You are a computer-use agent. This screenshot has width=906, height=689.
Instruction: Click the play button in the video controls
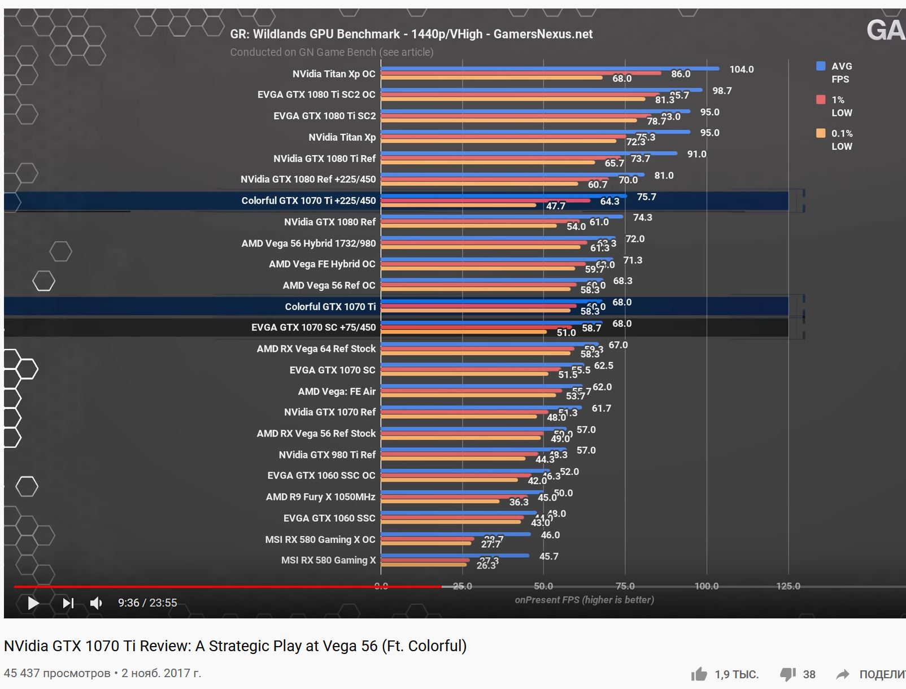(x=33, y=603)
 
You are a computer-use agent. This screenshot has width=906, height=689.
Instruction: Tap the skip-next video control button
(x=68, y=603)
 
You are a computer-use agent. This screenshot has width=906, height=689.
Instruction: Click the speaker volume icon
(x=96, y=603)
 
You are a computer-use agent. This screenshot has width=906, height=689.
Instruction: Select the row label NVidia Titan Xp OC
(x=333, y=74)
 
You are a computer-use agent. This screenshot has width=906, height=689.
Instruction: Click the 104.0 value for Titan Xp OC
(x=741, y=69)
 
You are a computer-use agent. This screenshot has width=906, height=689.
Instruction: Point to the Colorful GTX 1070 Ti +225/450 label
(x=308, y=200)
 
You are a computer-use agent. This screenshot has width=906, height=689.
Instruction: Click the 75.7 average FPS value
(x=646, y=197)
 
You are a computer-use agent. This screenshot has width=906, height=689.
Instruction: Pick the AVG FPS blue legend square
(x=821, y=66)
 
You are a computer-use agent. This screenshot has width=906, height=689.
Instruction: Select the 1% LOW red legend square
(x=821, y=100)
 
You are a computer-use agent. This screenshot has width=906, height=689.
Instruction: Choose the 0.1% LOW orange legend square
(x=821, y=133)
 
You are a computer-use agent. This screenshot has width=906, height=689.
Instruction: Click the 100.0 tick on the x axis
(x=706, y=586)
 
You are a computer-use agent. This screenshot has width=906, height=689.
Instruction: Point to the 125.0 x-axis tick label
(x=788, y=586)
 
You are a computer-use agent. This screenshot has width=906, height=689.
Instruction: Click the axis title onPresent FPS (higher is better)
(x=584, y=600)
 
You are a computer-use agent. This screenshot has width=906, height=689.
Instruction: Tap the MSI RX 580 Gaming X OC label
(x=320, y=539)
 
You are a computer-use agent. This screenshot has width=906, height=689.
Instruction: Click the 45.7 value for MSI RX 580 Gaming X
(x=548, y=556)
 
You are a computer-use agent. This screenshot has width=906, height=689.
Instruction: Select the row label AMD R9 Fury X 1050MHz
(x=320, y=497)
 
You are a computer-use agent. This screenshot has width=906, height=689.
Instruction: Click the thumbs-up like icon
(x=699, y=674)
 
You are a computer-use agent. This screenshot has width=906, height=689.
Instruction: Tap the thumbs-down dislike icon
(x=788, y=674)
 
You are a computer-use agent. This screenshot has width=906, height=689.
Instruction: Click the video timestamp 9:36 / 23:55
(x=147, y=603)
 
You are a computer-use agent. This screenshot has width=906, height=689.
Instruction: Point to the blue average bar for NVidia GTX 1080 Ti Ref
(x=529, y=153)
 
